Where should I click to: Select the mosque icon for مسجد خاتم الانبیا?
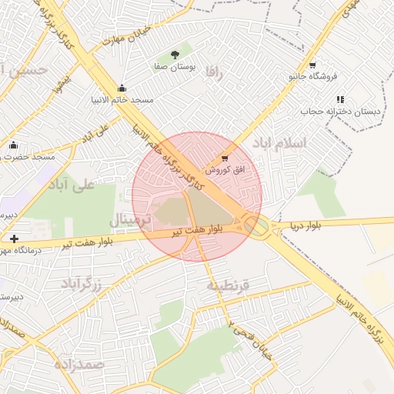pyautogui.click(x=122, y=88)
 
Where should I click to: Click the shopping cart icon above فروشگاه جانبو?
pyautogui.click(x=312, y=65)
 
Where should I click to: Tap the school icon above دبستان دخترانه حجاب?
pyautogui.click(x=340, y=99)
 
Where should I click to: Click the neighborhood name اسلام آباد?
pyautogui.click(x=285, y=144)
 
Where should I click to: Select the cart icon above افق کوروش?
pyautogui.click(x=225, y=158)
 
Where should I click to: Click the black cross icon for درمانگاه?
pyautogui.click(x=15, y=239)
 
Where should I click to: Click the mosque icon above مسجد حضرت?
pyautogui.click(x=12, y=145)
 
